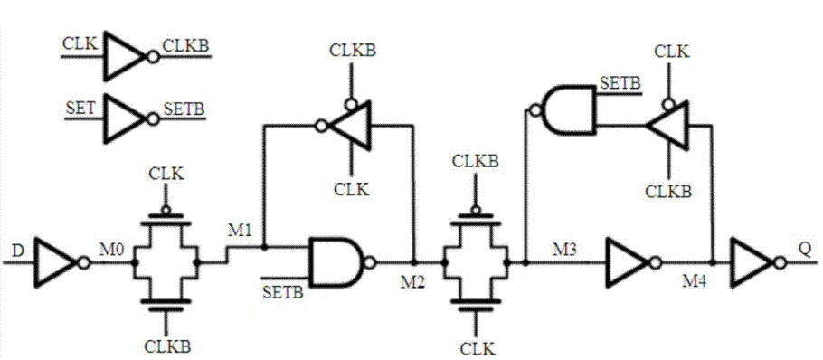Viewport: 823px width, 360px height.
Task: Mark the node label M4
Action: coord(697,278)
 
